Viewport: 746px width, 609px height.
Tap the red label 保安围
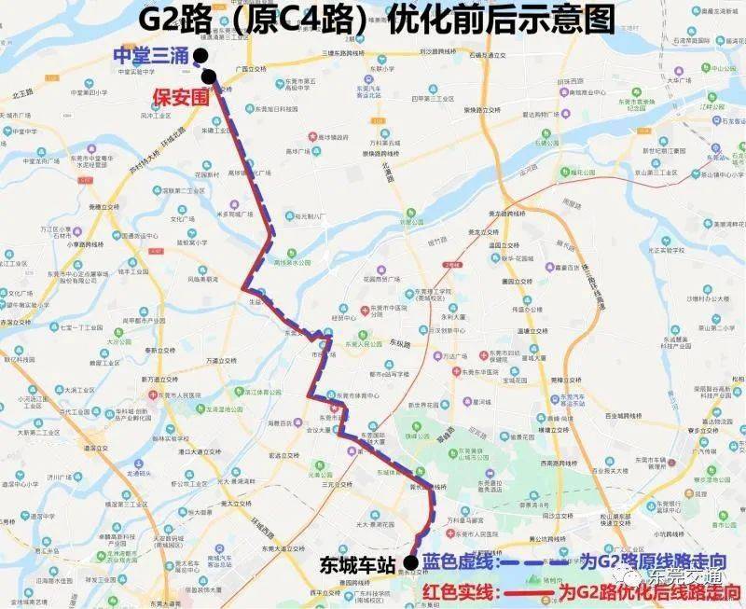pos(180,95)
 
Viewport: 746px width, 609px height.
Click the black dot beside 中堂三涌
pos(200,56)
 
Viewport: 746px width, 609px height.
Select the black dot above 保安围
pos(208,76)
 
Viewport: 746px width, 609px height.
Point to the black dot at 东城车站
pos(410,563)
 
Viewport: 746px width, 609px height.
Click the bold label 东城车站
pos(358,564)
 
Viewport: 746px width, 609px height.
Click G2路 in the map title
pos(172,18)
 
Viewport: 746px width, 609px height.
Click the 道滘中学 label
pos(24,484)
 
